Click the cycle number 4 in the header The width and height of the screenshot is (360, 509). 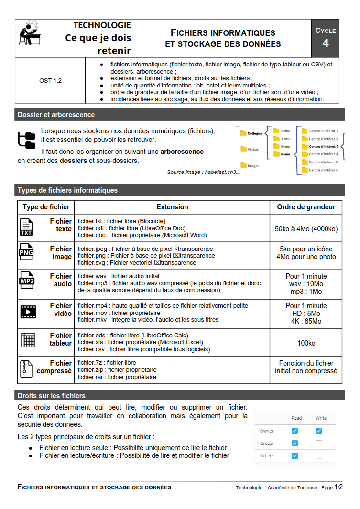point(325,43)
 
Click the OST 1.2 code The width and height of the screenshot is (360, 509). point(50,81)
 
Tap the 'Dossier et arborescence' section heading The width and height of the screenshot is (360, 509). point(56,115)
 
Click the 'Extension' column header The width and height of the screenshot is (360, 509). point(172,207)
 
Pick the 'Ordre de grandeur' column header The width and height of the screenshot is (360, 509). point(306,207)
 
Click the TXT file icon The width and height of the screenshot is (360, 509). point(26,227)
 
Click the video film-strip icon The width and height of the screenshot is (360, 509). point(27,312)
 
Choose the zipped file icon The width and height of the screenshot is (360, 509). point(26,368)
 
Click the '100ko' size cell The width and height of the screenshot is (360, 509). point(306,343)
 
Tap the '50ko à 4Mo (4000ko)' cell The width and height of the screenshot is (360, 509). point(306,229)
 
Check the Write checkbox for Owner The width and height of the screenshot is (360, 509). point(319,431)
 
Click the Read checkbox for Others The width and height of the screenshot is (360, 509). point(295,455)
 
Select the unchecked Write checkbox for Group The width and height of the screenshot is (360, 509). point(319,443)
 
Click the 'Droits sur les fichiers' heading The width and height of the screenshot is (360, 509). point(52,396)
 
